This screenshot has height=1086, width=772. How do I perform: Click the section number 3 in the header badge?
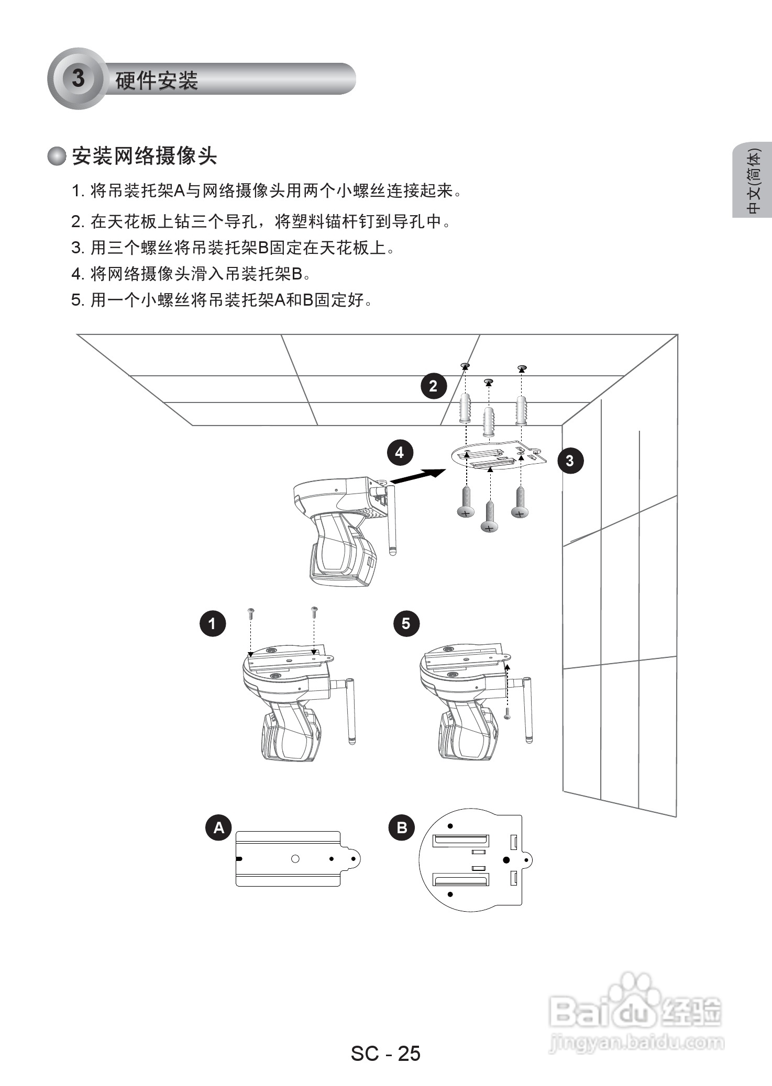point(78,79)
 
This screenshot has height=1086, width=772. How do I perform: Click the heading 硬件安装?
point(156,81)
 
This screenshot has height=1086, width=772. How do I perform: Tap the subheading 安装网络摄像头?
point(144,156)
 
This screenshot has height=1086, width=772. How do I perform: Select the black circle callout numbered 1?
point(212,623)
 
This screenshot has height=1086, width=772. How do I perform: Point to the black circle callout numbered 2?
point(433,386)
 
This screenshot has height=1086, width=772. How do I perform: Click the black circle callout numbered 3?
point(569,461)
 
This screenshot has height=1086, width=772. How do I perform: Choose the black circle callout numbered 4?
point(400,452)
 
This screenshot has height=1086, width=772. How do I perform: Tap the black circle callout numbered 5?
point(406,623)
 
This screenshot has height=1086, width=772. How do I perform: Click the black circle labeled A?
point(218,827)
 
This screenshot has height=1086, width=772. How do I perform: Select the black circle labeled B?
point(401,827)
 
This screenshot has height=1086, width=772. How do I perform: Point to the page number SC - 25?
point(385,1053)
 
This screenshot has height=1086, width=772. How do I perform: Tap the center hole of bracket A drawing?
point(295,859)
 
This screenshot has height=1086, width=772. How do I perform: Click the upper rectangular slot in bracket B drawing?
point(460,841)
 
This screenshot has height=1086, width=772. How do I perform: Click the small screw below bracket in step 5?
point(506,713)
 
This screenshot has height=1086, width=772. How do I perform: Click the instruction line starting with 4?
point(191,273)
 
